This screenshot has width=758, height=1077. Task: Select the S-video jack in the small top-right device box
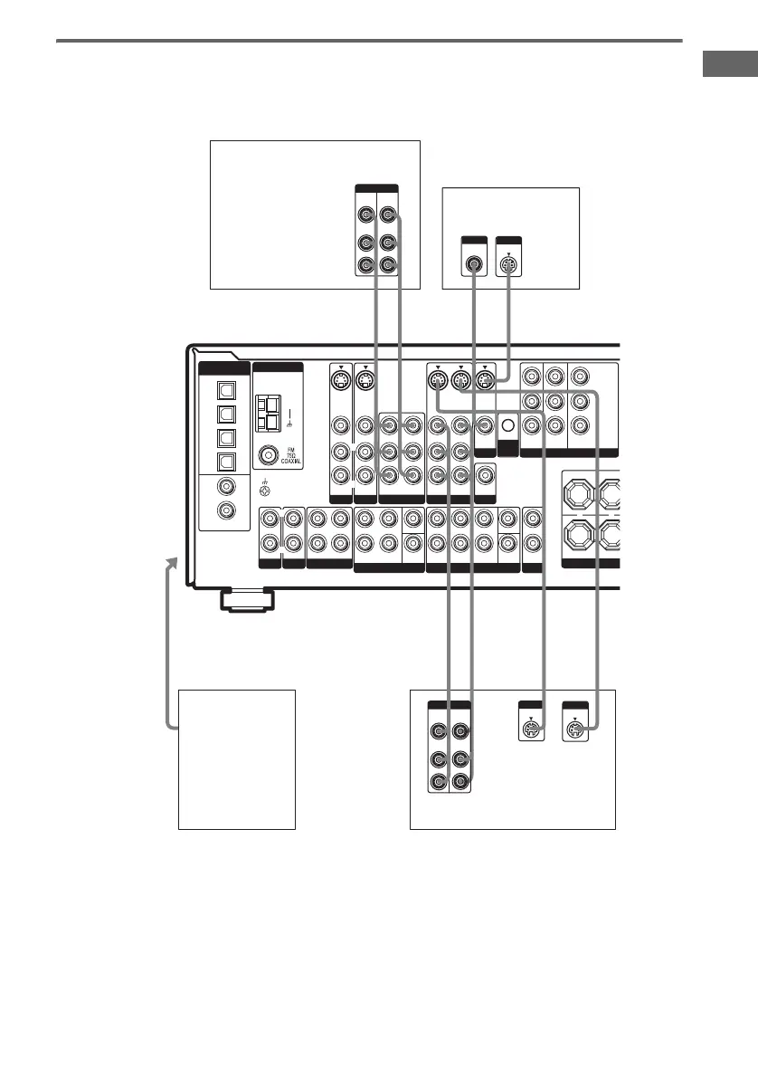pos(508,266)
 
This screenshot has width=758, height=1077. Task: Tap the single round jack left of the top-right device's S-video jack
pos(472,266)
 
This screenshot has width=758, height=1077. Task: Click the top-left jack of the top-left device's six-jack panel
pos(365,215)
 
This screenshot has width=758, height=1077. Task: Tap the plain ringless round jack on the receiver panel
pos(508,424)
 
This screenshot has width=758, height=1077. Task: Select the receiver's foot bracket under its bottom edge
pos(246,599)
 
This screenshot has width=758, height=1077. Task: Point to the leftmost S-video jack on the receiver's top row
pos(341,381)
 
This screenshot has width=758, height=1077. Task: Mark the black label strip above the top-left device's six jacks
pos(377,189)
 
